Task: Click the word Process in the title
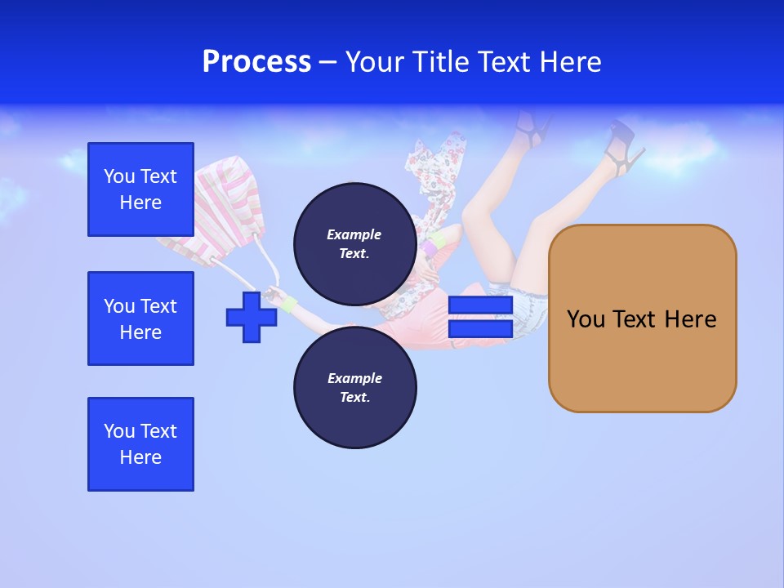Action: [x=256, y=62]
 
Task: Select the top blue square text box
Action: [x=140, y=189]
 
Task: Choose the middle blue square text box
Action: [x=140, y=318]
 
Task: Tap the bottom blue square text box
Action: [x=140, y=444]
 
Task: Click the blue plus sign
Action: [x=251, y=317]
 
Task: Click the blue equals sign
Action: [x=480, y=317]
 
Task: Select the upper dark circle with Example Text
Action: [x=354, y=243]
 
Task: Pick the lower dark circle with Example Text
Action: [x=354, y=387]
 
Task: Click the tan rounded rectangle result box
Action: [x=642, y=318]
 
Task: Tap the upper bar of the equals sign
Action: [x=480, y=305]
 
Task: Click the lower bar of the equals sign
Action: [x=480, y=328]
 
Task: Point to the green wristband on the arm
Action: [x=289, y=305]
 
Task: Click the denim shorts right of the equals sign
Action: [x=529, y=305]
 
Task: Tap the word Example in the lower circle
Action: [x=354, y=378]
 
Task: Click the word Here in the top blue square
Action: [x=140, y=203]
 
